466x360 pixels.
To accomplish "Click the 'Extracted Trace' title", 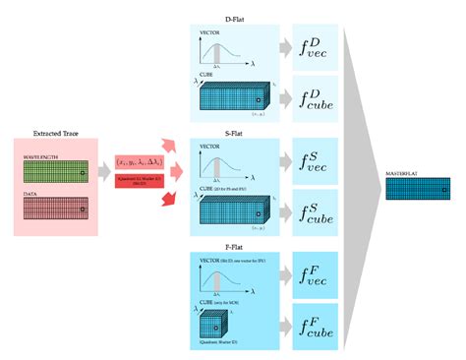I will [55, 132].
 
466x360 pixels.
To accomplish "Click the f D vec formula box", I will [317, 47].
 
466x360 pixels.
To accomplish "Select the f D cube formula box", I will [317, 97].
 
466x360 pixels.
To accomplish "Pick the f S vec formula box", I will [317, 159].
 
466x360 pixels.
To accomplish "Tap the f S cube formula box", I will [317, 210].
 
